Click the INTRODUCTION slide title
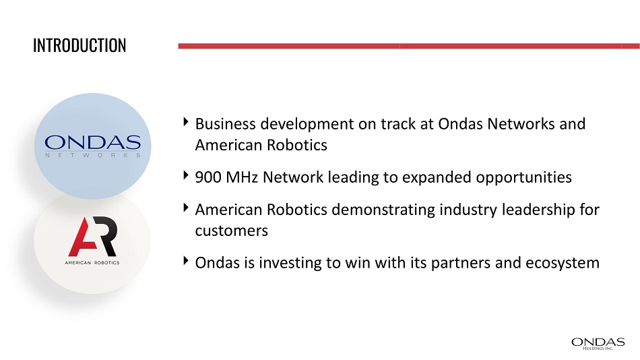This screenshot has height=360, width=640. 79,45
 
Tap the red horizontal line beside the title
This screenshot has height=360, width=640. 409,46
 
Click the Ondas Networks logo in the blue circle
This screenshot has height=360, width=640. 93,146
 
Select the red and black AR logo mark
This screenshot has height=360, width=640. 93,236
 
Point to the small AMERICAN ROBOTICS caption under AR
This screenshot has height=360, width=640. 92,263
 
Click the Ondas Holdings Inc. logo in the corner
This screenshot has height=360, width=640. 598,344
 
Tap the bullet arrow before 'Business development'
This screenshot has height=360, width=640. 186,122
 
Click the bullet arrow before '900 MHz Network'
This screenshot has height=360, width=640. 186,175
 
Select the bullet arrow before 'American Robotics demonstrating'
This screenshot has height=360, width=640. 186,208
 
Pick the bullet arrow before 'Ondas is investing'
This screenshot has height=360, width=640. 186,261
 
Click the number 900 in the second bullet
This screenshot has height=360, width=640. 208,177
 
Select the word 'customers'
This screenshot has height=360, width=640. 232,231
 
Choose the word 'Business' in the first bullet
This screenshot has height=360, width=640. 226,124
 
